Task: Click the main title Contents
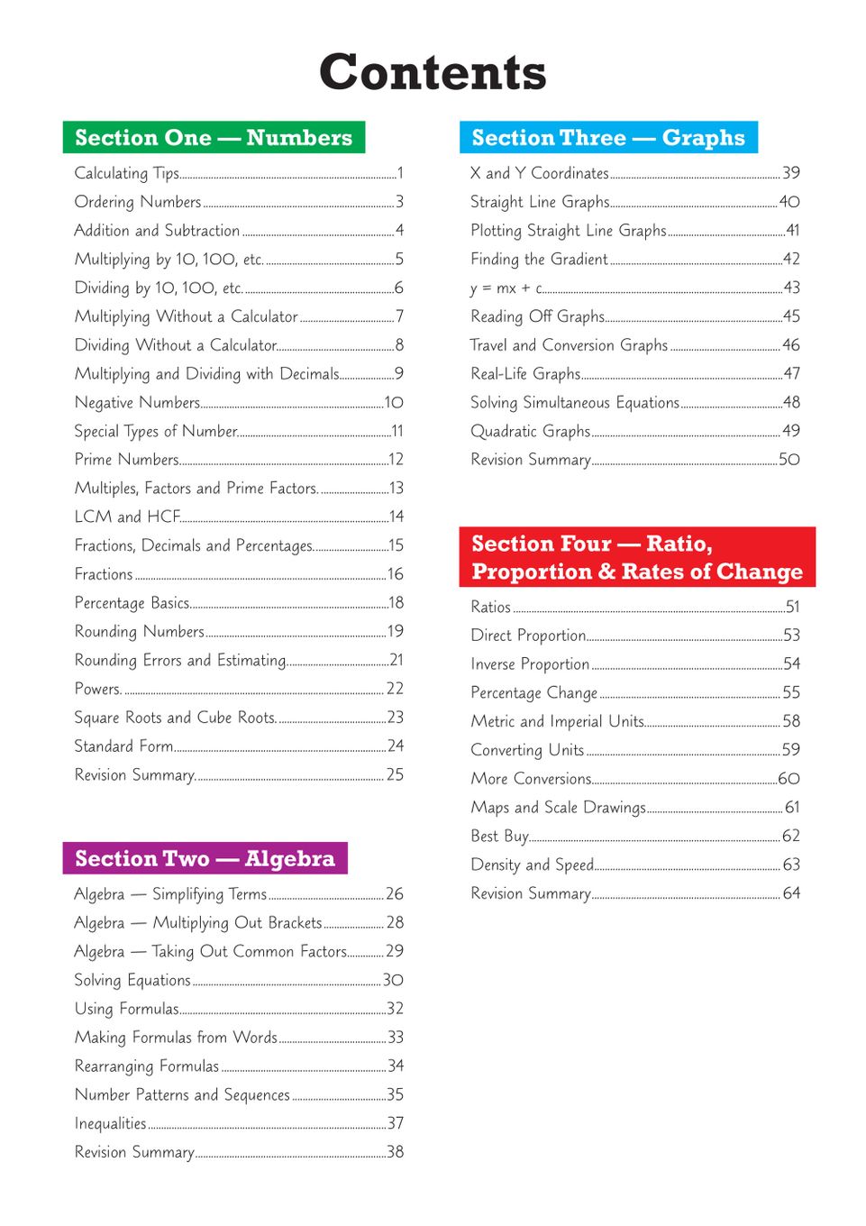pyautogui.click(x=433, y=72)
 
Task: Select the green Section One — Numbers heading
pyautogui.click(x=214, y=137)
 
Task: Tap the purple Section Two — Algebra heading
pyautogui.click(x=205, y=858)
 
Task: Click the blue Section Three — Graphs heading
pyautogui.click(x=608, y=137)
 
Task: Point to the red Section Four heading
pyautogui.click(x=636, y=557)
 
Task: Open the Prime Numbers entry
pyautogui.click(x=127, y=459)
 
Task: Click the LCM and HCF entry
pyautogui.click(x=127, y=517)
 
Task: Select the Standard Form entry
pyautogui.click(x=124, y=746)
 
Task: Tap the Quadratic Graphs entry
pyautogui.click(x=530, y=431)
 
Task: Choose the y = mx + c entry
pyautogui.click(x=506, y=288)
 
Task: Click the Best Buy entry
pyautogui.click(x=499, y=836)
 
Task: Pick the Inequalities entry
pyautogui.click(x=110, y=1123)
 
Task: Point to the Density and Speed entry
pyautogui.click(x=532, y=865)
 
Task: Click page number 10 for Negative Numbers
pyautogui.click(x=394, y=402)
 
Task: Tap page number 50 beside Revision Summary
pyautogui.click(x=789, y=459)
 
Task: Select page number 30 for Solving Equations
pyautogui.click(x=393, y=980)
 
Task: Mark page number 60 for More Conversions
pyautogui.click(x=789, y=778)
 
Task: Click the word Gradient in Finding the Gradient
pyautogui.click(x=579, y=259)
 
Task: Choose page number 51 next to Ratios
pyautogui.click(x=792, y=607)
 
